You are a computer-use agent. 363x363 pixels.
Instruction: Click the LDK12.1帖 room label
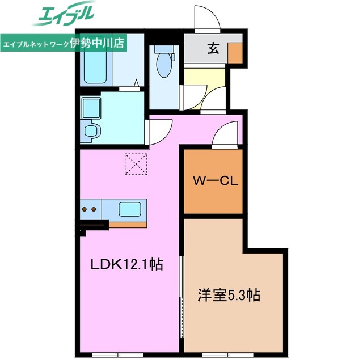128,264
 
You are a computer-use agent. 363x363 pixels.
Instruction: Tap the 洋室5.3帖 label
229,295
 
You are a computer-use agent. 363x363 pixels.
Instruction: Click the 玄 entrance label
213,48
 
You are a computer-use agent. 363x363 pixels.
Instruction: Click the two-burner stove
90,209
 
